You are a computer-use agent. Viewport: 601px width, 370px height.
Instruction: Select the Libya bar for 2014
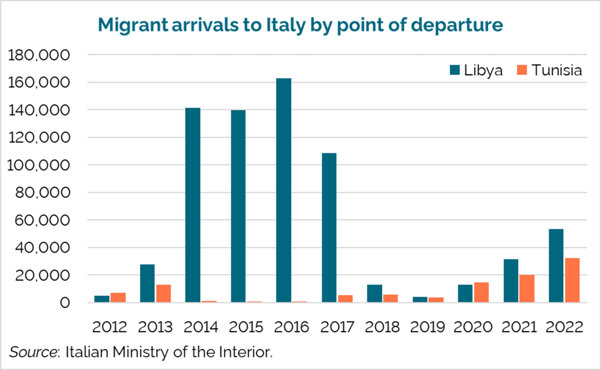pyautogui.click(x=192, y=205)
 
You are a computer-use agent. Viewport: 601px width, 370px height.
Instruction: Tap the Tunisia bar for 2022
pyautogui.click(x=572, y=280)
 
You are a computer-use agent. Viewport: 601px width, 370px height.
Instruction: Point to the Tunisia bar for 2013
pyautogui.click(x=163, y=294)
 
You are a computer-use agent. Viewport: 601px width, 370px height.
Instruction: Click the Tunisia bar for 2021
pyautogui.click(x=526, y=288)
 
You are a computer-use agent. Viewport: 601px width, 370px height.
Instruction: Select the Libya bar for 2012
pyautogui.click(x=102, y=299)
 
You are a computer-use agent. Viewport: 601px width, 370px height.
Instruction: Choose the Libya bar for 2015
pyautogui.click(x=238, y=206)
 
